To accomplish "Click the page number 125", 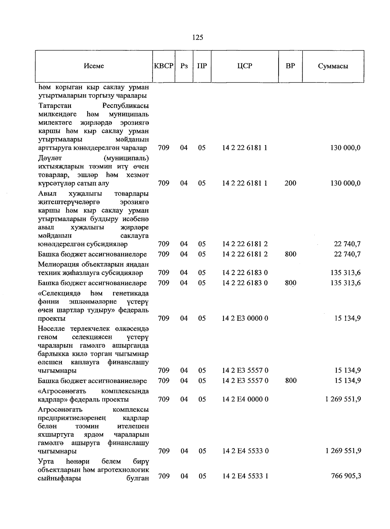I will click(198, 37).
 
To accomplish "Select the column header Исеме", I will click(94, 66).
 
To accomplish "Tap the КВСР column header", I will click(164, 66).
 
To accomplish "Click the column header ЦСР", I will click(245, 66).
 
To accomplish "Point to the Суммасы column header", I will click(333, 66).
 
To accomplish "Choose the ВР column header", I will click(290, 66).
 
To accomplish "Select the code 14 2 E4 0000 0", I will click(245, 399).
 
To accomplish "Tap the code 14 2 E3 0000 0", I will click(245, 318).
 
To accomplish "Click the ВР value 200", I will click(290, 183).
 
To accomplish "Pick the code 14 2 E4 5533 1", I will click(245, 476).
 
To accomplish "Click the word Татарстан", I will click(55, 106).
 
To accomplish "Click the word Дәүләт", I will click(50, 158).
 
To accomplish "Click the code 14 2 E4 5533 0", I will click(245, 451).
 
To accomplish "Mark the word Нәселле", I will click(51, 329).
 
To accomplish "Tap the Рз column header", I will click(184, 66).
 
